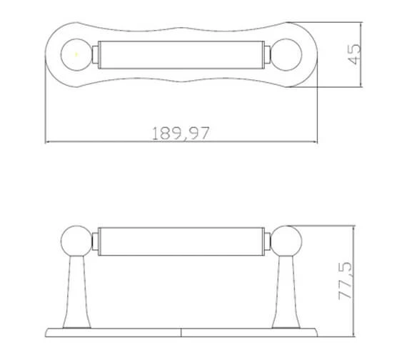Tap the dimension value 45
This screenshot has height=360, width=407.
pos(353,54)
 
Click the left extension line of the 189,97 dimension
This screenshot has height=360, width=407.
pos(46,107)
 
